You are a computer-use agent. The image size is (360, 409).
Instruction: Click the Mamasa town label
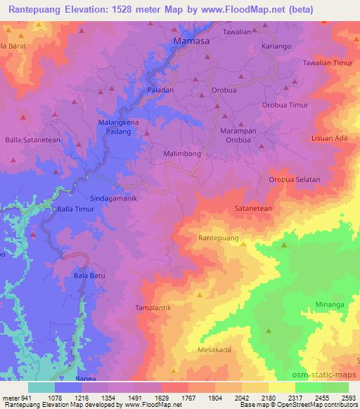191,43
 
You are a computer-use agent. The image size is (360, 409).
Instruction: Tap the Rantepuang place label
218,238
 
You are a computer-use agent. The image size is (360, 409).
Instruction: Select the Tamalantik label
153,308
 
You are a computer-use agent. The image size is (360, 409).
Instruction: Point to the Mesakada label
214,349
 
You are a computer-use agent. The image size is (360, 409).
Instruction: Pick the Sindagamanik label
112,198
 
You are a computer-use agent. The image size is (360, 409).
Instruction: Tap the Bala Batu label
89,276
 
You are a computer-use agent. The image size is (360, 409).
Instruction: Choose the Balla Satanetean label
32,140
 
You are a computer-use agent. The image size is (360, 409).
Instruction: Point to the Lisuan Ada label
330,138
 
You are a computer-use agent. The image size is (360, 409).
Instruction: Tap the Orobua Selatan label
294,179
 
